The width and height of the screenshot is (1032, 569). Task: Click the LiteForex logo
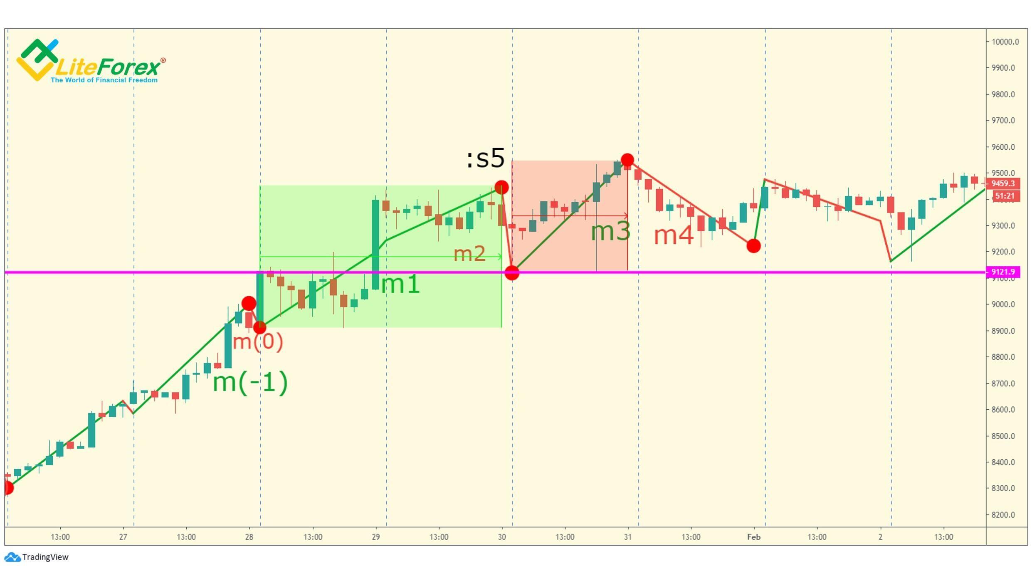coord(91,62)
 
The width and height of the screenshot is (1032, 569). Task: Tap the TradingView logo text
coord(45,557)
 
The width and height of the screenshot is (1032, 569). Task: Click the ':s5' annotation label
coord(485,158)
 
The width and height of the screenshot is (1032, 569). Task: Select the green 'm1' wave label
coord(400,284)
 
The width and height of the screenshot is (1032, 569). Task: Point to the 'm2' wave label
coord(469,253)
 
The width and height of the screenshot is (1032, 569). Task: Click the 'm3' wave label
coord(610,231)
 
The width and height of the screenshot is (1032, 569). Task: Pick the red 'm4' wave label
coord(674,235)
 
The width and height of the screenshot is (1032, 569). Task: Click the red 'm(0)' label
coord(258,342)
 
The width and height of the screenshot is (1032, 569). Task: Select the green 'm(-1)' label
coord(250,382)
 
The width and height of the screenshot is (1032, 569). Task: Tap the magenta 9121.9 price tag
coord(1003,272)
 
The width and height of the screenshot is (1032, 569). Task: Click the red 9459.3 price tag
coord(1003,183)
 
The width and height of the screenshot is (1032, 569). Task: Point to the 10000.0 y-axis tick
coord(1005,42)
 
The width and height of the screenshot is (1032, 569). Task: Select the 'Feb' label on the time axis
coord(753,537)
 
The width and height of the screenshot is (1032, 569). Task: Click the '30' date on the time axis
coord(502,537)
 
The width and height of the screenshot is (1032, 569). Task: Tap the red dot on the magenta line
coord(512,273)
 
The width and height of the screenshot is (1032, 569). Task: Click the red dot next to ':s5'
coord(501,187)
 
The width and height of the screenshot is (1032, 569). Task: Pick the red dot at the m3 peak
coord(627,160)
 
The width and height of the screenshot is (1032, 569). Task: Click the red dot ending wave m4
coord(753,246)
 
